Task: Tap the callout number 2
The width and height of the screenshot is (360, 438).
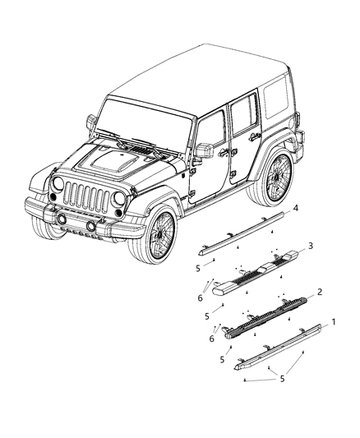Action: click(x=320, y=292)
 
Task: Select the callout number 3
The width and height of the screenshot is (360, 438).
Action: click(x=310, y=246)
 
